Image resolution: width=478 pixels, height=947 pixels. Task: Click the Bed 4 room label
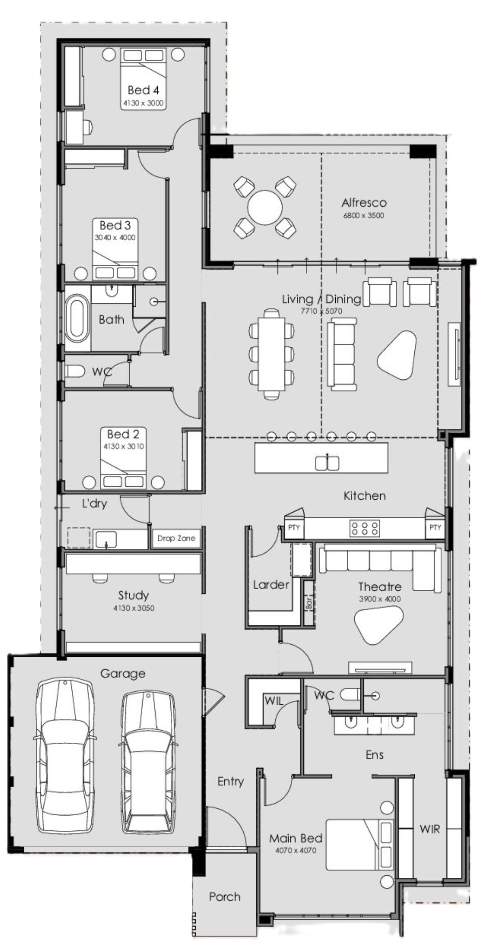[143, 90]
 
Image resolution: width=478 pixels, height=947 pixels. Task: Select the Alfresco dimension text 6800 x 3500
[363, 216]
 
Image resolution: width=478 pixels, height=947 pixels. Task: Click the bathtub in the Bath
[77, 318]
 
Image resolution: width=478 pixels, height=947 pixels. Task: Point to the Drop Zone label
[176, 538]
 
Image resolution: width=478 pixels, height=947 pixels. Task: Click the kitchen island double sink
[327, 462]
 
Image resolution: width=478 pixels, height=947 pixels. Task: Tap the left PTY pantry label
[294, 527]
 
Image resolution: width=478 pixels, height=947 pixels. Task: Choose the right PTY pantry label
[435, 527]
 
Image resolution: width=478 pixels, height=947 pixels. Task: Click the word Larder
[271, 584]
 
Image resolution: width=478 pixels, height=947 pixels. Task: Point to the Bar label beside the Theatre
[309, 603]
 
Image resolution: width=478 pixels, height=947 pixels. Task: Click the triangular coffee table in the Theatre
[378, 626]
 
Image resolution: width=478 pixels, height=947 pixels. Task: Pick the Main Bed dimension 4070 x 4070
[296, 850]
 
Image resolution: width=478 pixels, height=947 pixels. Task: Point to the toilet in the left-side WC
[75, 371]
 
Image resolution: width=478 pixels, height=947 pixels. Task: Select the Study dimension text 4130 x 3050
[133, 608]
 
